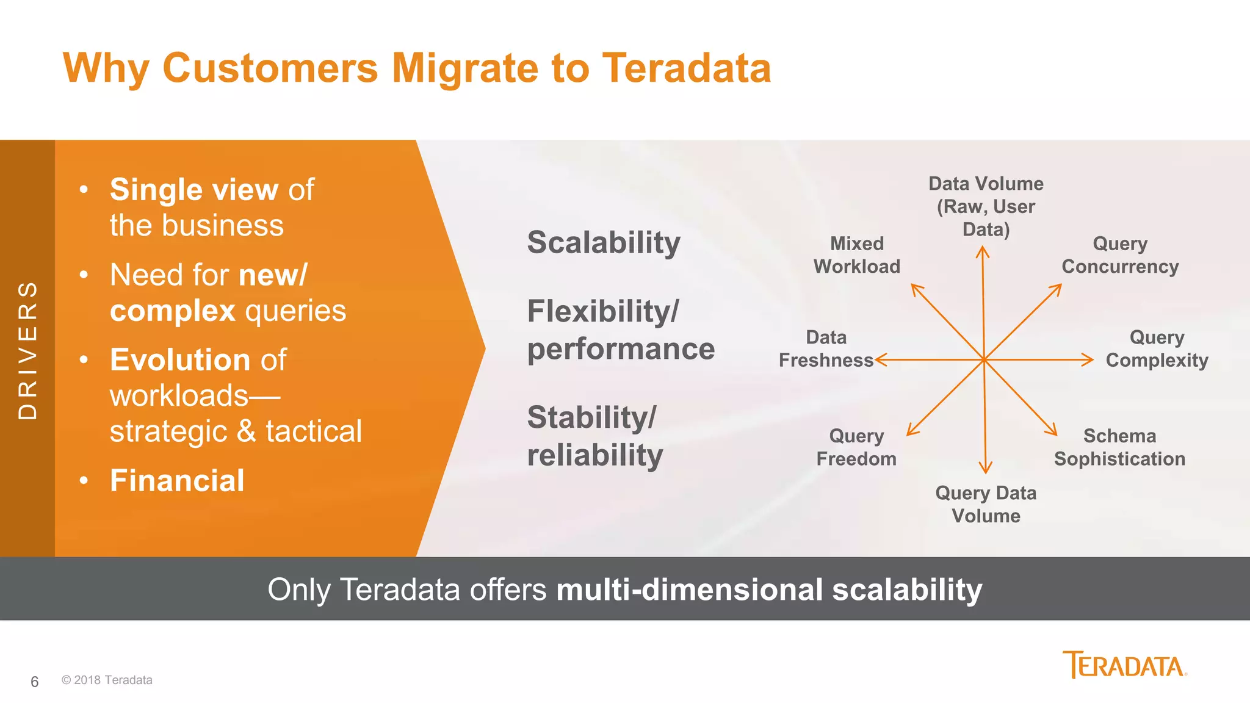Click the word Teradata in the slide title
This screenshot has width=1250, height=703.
coord(686,68)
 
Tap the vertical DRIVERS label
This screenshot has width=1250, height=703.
coord(27,350)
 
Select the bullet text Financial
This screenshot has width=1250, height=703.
coord(177,480)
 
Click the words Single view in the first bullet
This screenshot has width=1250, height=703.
coord(193,189)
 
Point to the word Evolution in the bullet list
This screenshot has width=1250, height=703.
coord(180,359)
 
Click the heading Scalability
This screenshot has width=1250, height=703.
coord(603,242)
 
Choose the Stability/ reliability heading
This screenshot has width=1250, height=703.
coord(594,436)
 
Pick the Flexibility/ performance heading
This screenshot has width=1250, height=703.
coord(620,330)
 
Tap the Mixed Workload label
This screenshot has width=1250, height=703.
coord(856,255)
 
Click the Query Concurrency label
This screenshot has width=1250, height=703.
coord(1119,255)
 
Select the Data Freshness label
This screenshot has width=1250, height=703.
coord(826,348)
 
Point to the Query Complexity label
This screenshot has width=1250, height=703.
coord(1156,348)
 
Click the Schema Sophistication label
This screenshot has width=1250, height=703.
coord(1119,447)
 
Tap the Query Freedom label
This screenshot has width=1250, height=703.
coord(856,447)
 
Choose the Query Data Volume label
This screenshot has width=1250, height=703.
coord(985,504)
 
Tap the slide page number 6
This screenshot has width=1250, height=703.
coord(35,682)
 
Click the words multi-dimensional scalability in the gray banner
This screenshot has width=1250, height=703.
coord(768,589)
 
